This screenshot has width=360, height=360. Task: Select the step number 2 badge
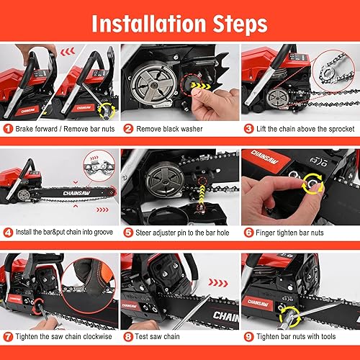(128, 129)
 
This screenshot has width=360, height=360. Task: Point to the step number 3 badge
(247, 129)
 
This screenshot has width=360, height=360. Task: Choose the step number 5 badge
(128, 233)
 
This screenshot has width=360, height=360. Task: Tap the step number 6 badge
(247, 233)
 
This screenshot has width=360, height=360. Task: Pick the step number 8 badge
(128, 336)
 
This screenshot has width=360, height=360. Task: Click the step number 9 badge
(247, 336)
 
